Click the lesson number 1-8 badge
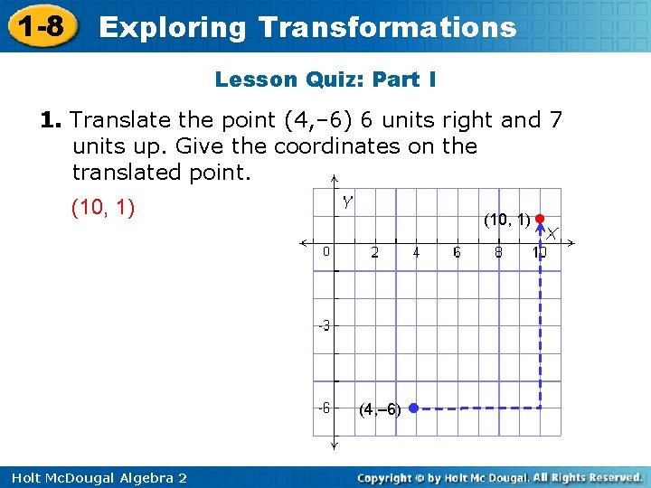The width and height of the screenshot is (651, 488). pyautogui.click(x=38, y=26)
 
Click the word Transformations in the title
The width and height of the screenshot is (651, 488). pyautogui.click(x=387, y=27)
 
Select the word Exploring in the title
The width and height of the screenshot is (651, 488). pyautogui.click(x=172, y=27)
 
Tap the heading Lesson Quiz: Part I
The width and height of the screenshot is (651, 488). pyautogui.click(x=325, y=80)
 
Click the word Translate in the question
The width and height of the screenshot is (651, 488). pyautogui.click(x=111, y=120)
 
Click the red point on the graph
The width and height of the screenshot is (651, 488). pyautogui.click(x=539, y=219)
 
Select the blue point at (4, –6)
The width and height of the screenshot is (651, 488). pyautogui.click(x=412, y=408)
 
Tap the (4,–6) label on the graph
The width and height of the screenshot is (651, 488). pyautogui.click(x=381, y=409)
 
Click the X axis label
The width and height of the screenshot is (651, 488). pyautogui.click(x=551, y=234)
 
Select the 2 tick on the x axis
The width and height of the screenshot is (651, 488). pyautogui.click(x=374, y=253)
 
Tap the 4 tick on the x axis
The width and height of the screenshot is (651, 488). pyautogui.click(x=416, y=253)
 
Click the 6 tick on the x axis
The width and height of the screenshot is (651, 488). pyautogui.click(x=457, y=253)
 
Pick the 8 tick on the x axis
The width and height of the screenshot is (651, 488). pyautogui.click(x=498, y=253)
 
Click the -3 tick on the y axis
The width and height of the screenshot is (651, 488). pyautogui.click(x=324, y=325)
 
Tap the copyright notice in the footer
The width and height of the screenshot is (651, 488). pyautogui.click(x=499, y=477)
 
